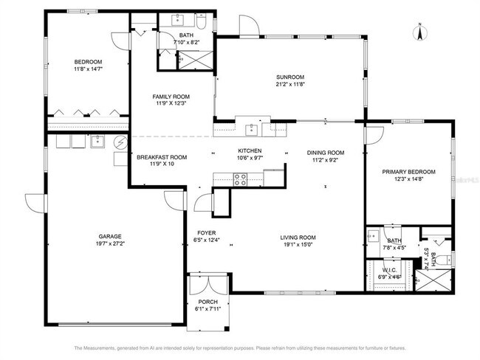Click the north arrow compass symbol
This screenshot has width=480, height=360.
point(419,33)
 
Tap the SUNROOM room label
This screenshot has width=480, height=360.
point(290,77)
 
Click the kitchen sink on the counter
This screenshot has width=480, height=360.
point(252,128)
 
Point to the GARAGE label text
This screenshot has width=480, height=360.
point(110,237)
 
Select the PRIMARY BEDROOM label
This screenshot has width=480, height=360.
point(408,171)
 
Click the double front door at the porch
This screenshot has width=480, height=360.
point(209,284)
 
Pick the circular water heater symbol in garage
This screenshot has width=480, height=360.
point(120,142)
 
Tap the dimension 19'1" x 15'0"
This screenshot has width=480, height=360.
point(298,247)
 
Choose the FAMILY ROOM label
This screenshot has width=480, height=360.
point(171,97)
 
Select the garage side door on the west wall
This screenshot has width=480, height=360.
point(31,203)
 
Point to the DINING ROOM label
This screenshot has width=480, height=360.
point(326,153)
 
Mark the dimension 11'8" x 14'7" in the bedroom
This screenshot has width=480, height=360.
point(88,69)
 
